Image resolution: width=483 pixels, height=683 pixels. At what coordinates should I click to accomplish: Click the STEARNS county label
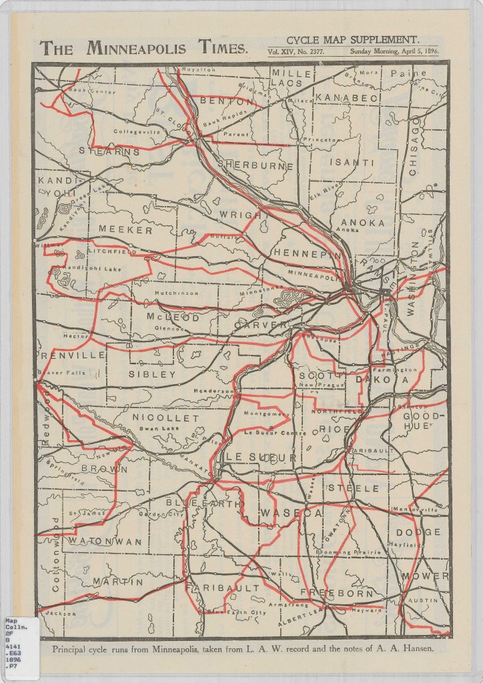[109, 151]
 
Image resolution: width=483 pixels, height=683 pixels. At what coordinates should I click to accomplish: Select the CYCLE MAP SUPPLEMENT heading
[352, 39]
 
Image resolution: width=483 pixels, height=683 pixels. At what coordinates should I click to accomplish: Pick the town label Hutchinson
[176, 293]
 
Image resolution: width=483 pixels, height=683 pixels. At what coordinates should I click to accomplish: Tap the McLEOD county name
[173, 317]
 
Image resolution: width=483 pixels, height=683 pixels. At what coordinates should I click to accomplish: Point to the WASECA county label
[291, 513]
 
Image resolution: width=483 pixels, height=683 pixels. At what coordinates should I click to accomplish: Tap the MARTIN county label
[117, 582]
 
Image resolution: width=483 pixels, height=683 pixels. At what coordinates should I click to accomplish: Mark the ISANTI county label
[353, 162]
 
